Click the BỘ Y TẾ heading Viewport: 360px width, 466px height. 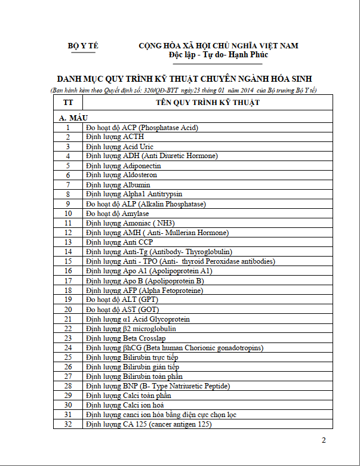coord(82,46)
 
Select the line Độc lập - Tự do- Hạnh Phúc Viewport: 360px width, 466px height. coord(219,55)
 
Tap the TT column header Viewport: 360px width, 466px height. coord(68,103)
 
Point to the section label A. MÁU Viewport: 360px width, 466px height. coord(72,118)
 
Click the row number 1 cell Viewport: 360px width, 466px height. coord(68,128)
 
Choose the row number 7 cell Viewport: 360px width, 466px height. coord(68,185)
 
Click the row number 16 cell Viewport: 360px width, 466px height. coord(68,271)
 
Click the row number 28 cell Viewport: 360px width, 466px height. coord(68,386)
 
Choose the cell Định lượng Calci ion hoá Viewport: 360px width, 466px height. coord(128,405)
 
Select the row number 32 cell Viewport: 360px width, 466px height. coord(68,424)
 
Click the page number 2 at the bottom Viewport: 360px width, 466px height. coord(324,441)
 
